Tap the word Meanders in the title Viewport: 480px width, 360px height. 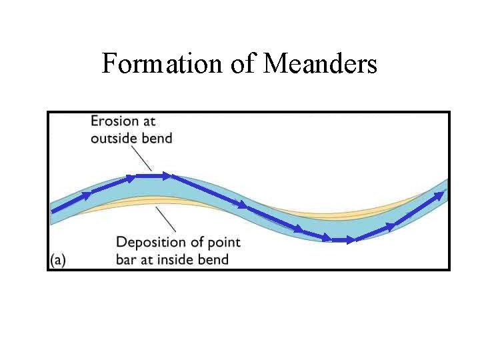pyautogui.click(x=321, y=64)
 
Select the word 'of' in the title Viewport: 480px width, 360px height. pyautogui.click(x=237, y=64)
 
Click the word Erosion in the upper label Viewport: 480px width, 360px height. pyautogui.click(x=114, y=121)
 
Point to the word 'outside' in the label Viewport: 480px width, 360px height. pyautogui.click(x=114, y=139)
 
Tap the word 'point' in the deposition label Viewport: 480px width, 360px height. pyautogui.click(x=223, y=242)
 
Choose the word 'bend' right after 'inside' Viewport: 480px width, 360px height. pyautogui.click(x=213, y=259)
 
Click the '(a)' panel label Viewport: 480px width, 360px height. pyautogui.click(x=58, y=259)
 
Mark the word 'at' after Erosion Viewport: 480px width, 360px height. pyautogui.click(x=149, y=121)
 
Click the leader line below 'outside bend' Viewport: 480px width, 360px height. pyautogui.click(x=141, y=158)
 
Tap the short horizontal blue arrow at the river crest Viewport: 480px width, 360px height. pyautogui.click(x=153, y=176)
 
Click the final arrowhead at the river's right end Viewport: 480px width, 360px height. pyautogui.click(x=440, y=194)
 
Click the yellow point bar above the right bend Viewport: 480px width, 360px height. pyautogui.click(x=373, y=210)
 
